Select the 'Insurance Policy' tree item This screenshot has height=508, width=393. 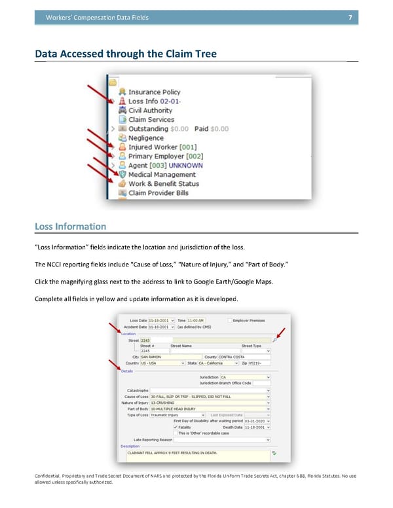tap(154, 92)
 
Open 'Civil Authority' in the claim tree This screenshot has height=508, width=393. tap(151, 111)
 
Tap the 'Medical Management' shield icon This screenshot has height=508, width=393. tap(122, 175)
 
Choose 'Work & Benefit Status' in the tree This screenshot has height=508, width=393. tap(163, 184)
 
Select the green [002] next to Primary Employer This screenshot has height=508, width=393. tap(195, 156)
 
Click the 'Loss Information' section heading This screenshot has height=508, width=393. tap(70, 227)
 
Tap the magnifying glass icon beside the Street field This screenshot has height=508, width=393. tap(274, 340)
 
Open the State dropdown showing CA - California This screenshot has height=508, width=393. tap(218, 363)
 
